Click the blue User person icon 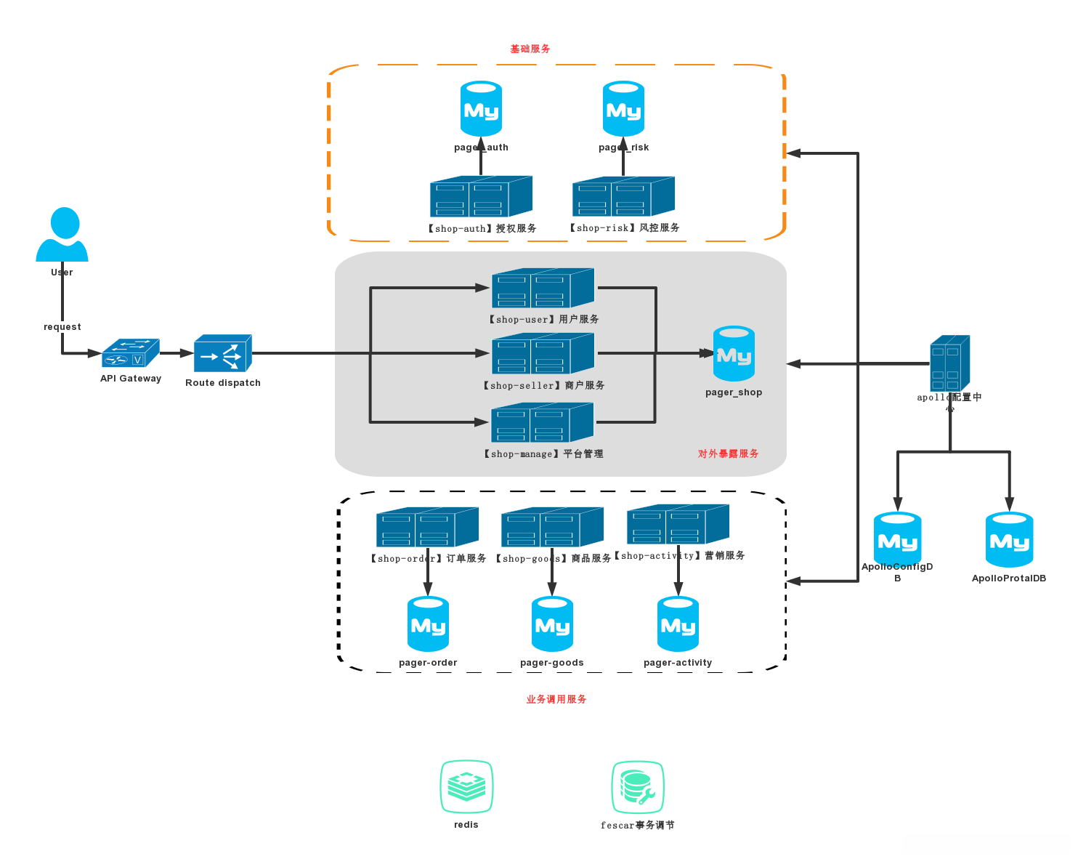tap(62, 235)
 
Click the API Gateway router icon tap(131, 354)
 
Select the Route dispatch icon tap(223, 354)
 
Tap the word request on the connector tap(62, 327)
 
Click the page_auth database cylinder tap(481, 109)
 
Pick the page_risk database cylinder tap(623, 109)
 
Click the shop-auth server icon tap(481, 196)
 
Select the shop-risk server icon tap(623, 196)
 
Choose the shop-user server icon tap(543, 289)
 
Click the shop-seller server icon tap(543, 354)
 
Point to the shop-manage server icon tap(542, 422)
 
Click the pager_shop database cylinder tap(734, 354)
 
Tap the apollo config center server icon tap(949, 363)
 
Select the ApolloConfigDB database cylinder tap(897, 539)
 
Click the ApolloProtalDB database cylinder tap(1009, 539)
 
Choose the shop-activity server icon tap(678, 524)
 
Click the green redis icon tap(466, 786)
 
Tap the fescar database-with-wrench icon tap(637, 787)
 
